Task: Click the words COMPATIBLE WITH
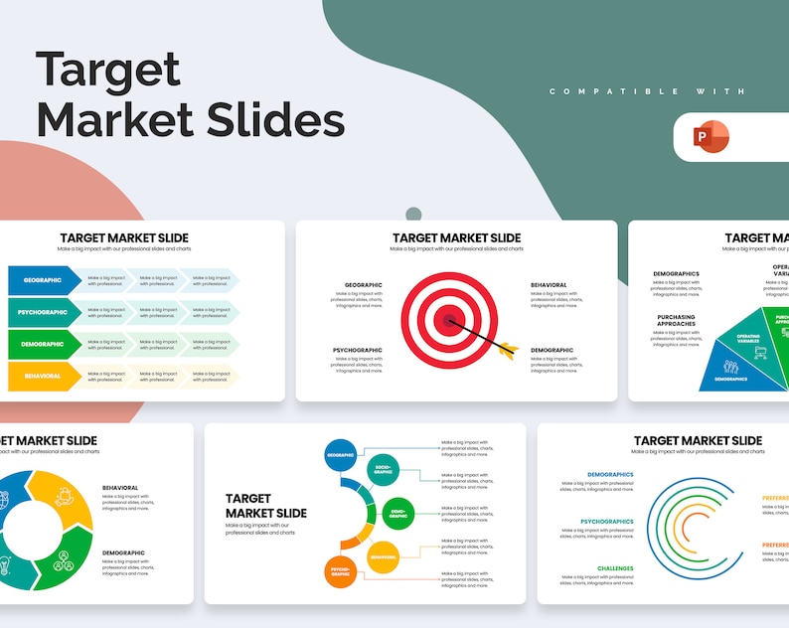click(x=647, y=91)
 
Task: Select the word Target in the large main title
click(x=108, y=70)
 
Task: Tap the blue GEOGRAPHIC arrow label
click(x=44, y=280)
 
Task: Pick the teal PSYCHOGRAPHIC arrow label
click(x=44, y=312)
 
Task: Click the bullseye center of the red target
click(x=449, y=320)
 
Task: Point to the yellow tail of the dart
click(x=508, y=350)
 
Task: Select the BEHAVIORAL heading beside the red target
click(x=549, y=285)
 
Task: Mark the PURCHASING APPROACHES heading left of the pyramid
click(x=676, y=321)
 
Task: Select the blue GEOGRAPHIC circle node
click(x=340, y=455)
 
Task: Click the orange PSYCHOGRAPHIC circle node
click(x=340, y=572)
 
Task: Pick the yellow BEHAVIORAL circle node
click(x=383, y=557)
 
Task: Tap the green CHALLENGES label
click(x=615, y=568)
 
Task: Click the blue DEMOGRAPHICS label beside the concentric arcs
click(x=609, y=475)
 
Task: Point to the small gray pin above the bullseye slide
click(x=413, y=214)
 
